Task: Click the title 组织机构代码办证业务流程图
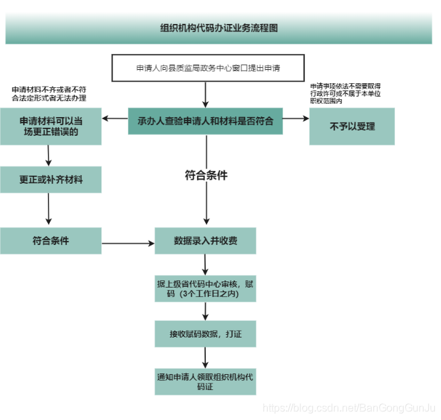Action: click(219, 29)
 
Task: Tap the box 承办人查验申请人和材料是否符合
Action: click(206, 122)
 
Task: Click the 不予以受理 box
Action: click(352, 126)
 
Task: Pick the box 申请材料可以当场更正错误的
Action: click(51, 126)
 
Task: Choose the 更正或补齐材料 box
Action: click(51, 180)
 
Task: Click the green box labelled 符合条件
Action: click(51, 240)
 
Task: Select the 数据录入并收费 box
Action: click(206, 240)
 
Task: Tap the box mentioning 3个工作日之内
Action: click(206, 288)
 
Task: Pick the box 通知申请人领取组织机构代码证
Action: click(206, 381)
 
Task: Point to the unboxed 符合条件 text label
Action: click(206, 176)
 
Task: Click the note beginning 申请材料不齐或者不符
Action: click(49, 93)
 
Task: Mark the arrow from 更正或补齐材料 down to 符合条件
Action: click(49, 210)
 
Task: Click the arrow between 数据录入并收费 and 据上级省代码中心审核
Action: click(206, 264)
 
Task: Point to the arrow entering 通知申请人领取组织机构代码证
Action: click(206, 356)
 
